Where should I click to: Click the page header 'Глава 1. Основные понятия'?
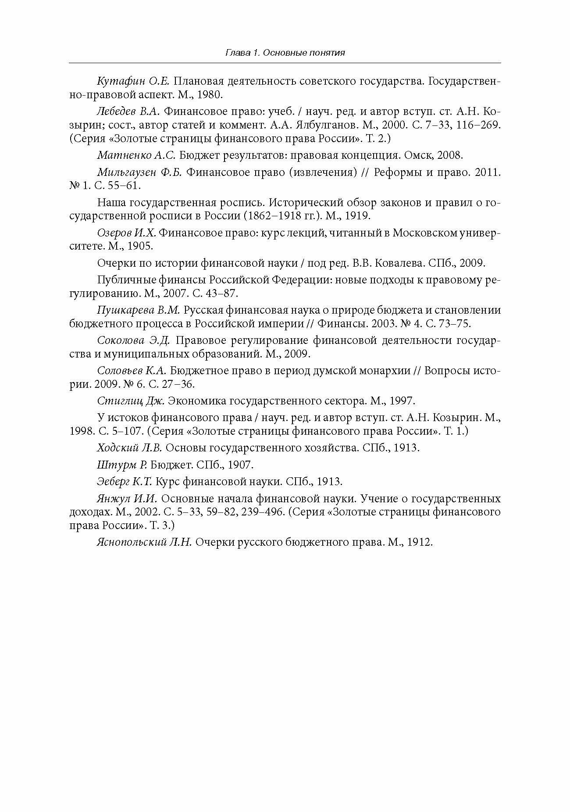click(x=285, y=53)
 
